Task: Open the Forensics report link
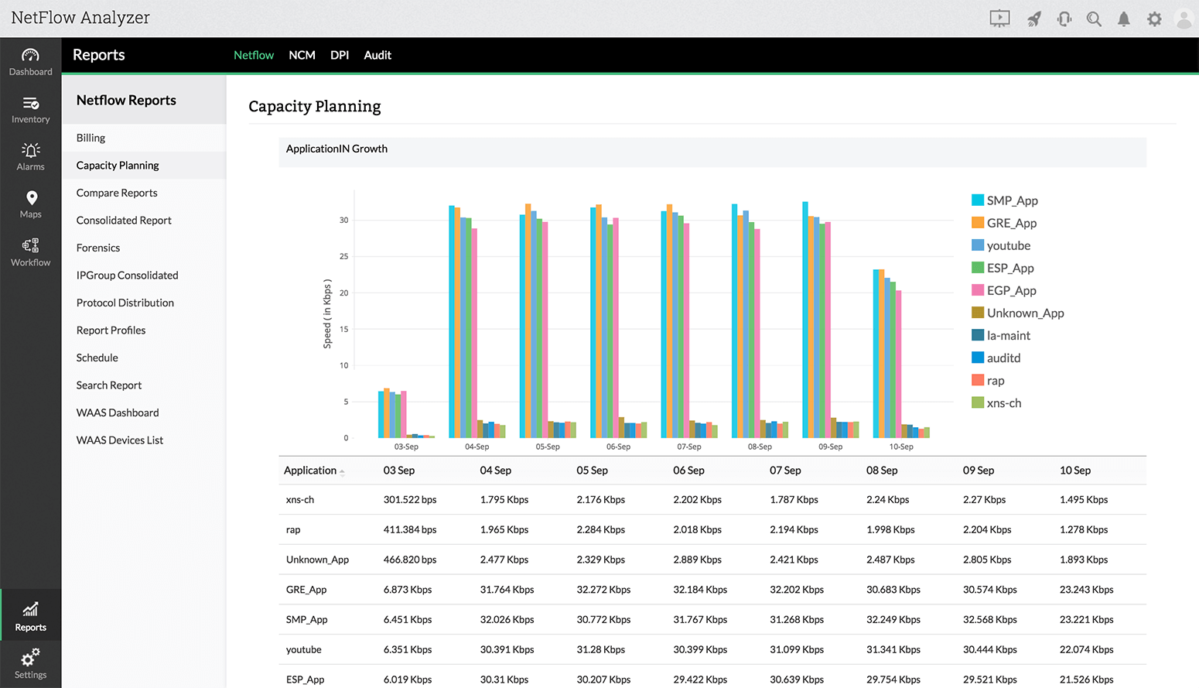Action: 98,248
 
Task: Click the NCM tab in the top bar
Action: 302,55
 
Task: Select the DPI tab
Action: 340,55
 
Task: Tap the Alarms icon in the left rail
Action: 31,156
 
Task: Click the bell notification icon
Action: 1123,19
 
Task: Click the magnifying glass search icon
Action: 1093,19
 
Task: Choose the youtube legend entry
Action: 1008,245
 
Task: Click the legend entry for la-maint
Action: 1008,335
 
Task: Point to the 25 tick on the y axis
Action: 343,256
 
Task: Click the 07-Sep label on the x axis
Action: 688,447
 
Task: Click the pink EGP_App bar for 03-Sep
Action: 404,414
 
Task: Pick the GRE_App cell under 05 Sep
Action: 603,590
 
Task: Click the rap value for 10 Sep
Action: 1083,530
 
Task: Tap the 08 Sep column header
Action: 882,471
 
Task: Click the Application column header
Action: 310,471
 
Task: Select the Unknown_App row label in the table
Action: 317,560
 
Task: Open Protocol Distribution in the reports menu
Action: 125,303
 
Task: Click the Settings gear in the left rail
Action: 31,663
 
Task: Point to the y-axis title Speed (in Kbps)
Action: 327,313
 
